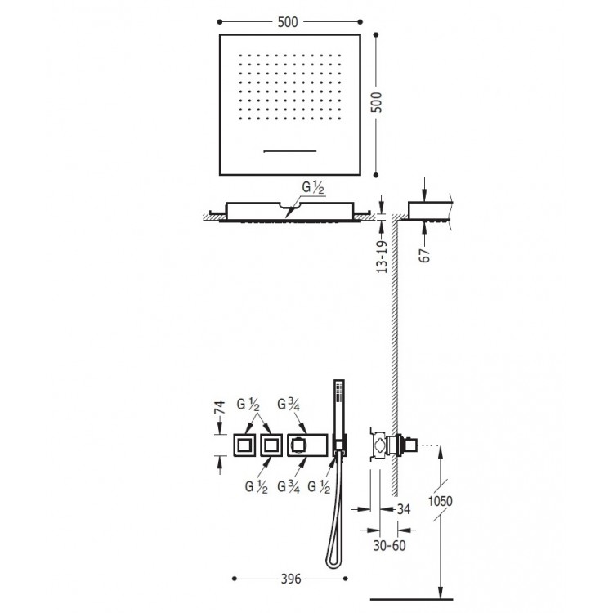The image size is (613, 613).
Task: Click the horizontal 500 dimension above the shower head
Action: [x=288, y=22]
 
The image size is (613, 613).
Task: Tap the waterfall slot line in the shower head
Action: [x=290, y=151]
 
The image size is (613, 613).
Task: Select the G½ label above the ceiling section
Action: [x=313, y=188]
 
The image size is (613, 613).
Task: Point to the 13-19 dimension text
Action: [x=382, y=257]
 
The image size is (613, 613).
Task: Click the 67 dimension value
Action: [x=424, y=255]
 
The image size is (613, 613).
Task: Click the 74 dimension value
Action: [x=220, y=407]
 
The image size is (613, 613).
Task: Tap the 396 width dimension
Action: [x=291, y=579]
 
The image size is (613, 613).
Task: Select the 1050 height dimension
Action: [x=441, y=501]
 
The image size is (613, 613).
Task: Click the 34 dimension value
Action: [x=404, y=509]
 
